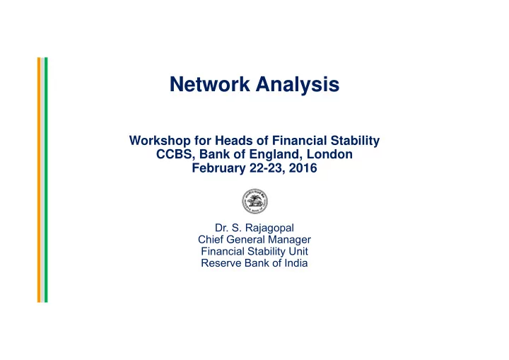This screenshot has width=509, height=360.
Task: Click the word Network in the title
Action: coord(210,84)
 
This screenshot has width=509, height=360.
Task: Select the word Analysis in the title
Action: coord(298,85)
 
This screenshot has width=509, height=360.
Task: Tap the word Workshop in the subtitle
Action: coord(160,141)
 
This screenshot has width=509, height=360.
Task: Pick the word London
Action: coord(329,154)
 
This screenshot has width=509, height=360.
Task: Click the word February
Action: coord(218,168)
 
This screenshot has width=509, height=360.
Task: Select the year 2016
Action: coord(303,168)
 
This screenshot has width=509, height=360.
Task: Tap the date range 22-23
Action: coord(267,168)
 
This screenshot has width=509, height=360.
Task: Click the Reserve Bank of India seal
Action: coord(255,201)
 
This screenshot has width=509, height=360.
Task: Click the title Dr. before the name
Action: coord(221,228)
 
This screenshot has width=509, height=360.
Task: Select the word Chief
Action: coord(211,240)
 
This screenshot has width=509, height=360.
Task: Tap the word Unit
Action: coord(298,252)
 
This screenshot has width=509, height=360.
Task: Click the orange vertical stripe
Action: coord(39,180)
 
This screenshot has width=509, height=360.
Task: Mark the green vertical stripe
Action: coord(46,180)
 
